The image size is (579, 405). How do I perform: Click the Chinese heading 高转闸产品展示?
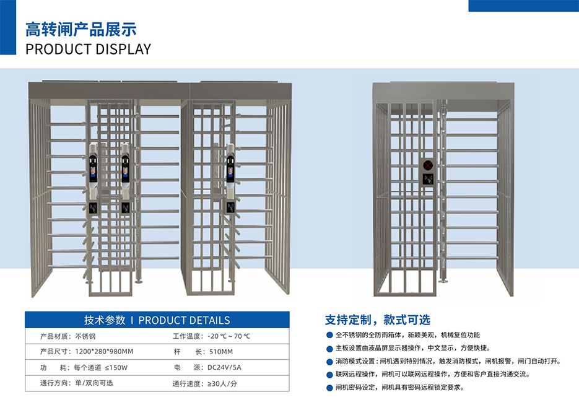pos(81,29)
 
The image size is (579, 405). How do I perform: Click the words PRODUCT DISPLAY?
pos(88,50)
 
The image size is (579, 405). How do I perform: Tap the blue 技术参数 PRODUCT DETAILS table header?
pos(157,320)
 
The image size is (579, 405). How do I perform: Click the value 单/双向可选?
pos(94,383)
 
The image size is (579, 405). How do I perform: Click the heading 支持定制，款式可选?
pos(377,320)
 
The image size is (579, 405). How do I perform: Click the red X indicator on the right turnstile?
pos(428,165)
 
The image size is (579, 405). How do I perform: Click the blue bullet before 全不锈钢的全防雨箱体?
pos(329,335)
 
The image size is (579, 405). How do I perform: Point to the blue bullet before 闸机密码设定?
pos(329,388)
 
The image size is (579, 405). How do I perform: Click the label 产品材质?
pos(52,336)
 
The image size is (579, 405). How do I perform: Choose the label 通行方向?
pos(52,383)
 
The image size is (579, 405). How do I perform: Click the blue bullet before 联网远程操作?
pos(329,375)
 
